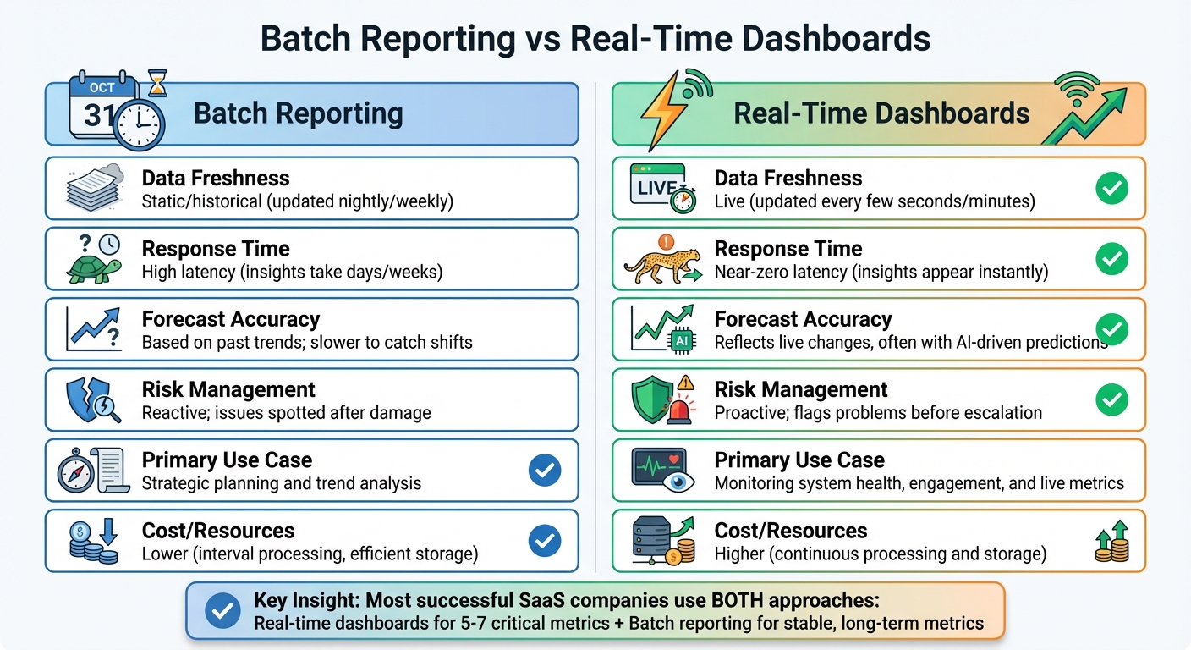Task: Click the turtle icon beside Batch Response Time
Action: pos(91,266)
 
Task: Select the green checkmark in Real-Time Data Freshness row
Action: pos(1111,189)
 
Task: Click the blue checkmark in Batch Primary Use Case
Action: pos(544,471)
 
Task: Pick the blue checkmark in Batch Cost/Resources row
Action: pos(544,540)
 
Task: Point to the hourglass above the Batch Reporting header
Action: pos(156,82)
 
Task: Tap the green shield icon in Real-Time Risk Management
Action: pos(652,398)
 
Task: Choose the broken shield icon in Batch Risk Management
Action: pos(87,396)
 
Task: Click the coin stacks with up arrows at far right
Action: pos(1112,543)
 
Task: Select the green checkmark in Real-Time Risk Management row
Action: pos(1111,399)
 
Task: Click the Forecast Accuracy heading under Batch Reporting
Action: pos(231,319)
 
